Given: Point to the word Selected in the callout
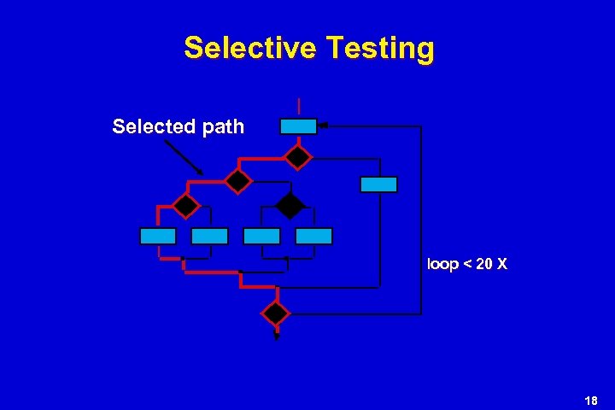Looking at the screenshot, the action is [x=151, y=127].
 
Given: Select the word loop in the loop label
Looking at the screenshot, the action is [x=442, y=265].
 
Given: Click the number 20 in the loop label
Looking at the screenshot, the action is [x=483, y=265].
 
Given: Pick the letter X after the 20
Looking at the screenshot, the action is [x=502, y=265].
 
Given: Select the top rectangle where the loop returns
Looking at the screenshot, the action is [x=299, y=126].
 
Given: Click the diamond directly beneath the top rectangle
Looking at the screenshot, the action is [x=298, y=156].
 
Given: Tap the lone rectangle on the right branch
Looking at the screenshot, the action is [x=378, y=184].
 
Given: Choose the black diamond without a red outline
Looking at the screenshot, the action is [x=290, y=206].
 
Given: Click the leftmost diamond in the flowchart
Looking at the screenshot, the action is [x=185, y=206].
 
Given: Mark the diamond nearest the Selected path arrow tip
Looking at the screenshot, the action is [x=237, y=180].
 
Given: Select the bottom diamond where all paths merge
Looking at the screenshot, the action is [x=276, y=313].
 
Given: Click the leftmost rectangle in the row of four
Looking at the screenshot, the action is [x=158, y=237].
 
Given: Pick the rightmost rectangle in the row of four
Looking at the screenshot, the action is [x=313, y=237].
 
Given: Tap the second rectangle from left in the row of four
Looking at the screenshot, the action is [x=209, y=237].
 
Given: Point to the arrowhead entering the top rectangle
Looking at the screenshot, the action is [x=323, y=126].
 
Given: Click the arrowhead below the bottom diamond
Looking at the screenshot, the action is [x=276, y=337].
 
